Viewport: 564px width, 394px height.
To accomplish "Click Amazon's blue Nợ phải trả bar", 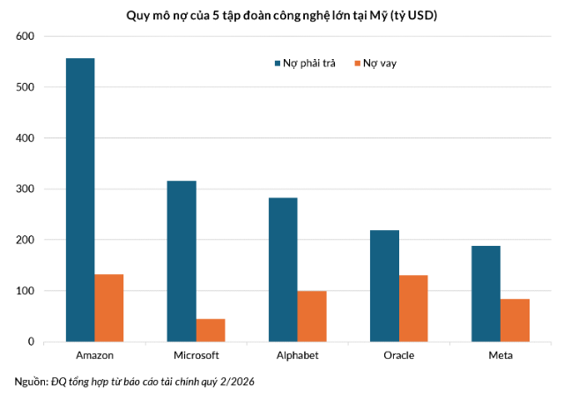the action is point(80,200).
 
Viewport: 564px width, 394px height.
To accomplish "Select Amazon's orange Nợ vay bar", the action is point(109,308).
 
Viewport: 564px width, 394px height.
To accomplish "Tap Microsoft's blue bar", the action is point(182,261).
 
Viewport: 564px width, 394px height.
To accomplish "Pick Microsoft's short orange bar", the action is point(211,331).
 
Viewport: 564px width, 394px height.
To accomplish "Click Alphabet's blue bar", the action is point(283,270).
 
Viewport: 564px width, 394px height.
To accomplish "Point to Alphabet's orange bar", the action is point(312,316).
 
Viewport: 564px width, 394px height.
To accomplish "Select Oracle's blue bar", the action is point(384,286).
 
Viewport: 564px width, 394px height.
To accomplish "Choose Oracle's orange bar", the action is point(413,309).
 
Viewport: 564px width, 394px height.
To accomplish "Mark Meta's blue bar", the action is point(486,294).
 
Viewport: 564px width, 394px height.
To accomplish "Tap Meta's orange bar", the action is point(515,320).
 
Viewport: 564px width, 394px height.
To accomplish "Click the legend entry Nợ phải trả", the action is point(305,63).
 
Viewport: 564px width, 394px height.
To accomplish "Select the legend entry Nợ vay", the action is point(375,63).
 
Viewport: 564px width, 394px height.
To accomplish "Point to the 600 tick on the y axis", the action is point(26,36).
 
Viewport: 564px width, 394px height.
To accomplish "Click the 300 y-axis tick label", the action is point(26,189).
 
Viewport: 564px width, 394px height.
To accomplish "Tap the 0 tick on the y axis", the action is point(31,341).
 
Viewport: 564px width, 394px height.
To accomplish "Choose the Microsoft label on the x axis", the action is point(196,355).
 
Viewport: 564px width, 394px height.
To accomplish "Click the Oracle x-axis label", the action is point(399,355).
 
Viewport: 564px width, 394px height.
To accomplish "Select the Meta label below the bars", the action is point(501,355).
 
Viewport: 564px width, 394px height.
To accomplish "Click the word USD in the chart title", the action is point(422,16).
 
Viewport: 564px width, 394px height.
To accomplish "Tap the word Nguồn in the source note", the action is point(30,382).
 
